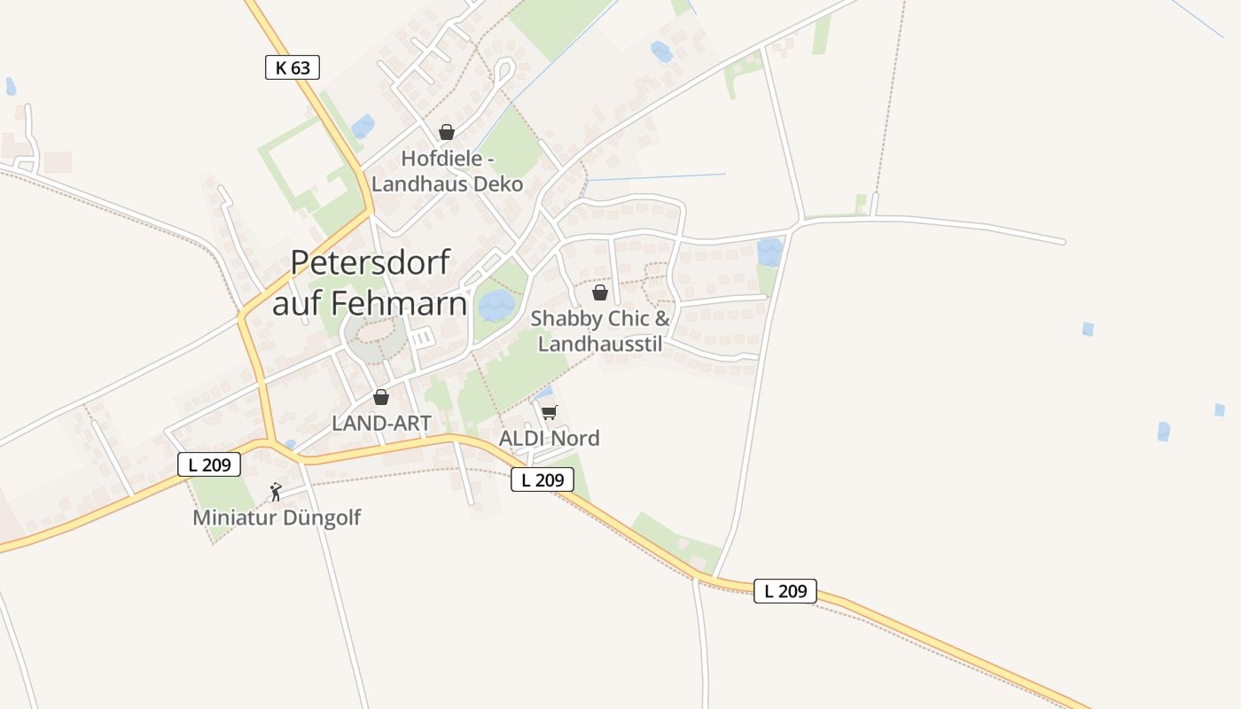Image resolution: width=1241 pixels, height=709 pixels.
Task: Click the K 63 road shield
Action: pos(292,67)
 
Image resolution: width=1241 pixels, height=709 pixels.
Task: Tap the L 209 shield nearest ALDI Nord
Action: pos(542,479)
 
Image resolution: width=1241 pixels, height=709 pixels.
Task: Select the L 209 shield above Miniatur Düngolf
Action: pos(209,464)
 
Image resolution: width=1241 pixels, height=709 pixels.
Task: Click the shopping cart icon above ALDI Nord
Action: pos(550,412)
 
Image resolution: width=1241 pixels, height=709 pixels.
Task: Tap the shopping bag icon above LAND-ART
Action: pos(381,397)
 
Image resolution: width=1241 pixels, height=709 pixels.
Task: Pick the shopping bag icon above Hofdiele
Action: pos(447,132)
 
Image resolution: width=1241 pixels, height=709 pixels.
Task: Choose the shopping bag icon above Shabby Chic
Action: pos(600,292)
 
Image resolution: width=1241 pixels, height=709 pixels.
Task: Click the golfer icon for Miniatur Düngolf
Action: pos(276,492)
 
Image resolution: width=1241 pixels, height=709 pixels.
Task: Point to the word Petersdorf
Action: pos(371,264)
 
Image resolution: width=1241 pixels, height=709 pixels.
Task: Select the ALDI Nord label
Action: pos(549,438)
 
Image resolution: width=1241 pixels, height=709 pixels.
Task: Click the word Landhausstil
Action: pos(600,344)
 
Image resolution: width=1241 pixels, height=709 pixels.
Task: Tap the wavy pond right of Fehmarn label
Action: pos(496,306)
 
